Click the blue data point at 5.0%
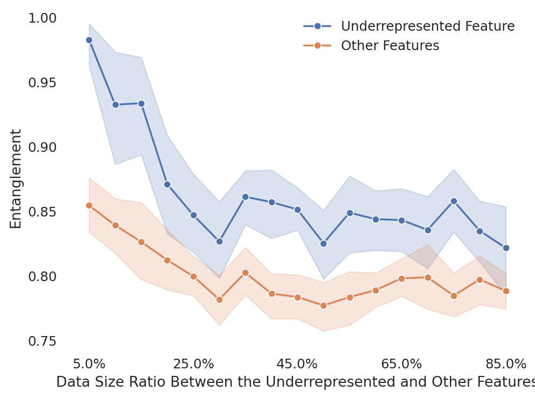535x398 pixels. (x=89, y=40)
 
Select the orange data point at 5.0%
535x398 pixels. (x=89, y=205)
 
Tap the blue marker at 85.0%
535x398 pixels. (x=506, y=248)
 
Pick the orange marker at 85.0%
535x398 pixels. (x=506, y=291)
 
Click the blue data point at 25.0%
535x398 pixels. (x=193, y=215)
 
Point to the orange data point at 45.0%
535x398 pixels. (x=297, y=297)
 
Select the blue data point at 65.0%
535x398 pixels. (x=401, y=220)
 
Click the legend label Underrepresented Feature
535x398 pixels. (x=427, y=26)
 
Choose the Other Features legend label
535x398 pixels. (x=390, y=46)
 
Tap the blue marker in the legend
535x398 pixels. (x=317, y=26)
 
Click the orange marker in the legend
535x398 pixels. (x=317, y=46)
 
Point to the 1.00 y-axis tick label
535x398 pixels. (x=42, y=18)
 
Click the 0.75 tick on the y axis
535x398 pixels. (x=42, y=341)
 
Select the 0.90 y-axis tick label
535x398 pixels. (x=42, y=147)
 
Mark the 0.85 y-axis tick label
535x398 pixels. (x=42, y=212)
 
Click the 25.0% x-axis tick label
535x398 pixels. (x=193, y=364)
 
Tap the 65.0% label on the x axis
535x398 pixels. (x=401, y=364)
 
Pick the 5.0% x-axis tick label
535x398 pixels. (x=89, y=364)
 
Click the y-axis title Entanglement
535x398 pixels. (x=16, y=178)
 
